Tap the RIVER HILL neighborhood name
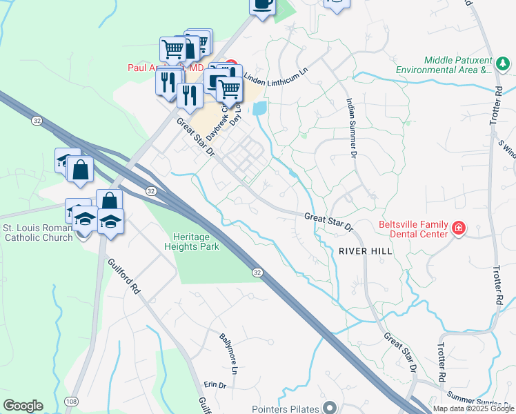[366, 251]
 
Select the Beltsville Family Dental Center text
[413, 231]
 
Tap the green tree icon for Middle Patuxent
[503, 65]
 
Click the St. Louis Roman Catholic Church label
[38, 233]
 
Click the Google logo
[23, 406]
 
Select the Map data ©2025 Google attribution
[473, 408]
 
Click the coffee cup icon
[262, 4]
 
